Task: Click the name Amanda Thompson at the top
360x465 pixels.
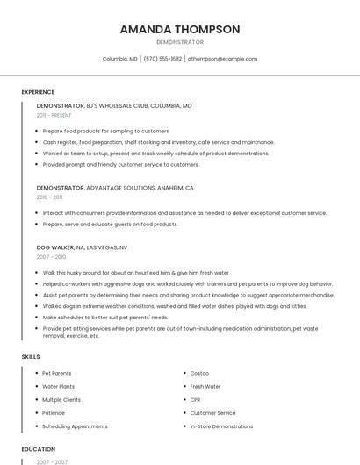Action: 179,29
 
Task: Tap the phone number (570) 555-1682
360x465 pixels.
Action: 164,59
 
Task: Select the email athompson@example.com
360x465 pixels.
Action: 222,59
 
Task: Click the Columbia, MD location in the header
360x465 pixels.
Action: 120,59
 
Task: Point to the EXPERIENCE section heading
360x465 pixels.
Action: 38,92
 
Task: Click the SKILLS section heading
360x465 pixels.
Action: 31,357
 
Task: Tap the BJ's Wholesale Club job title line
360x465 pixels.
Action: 114,105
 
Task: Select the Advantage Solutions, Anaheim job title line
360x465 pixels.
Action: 115,188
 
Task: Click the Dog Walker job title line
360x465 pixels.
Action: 82,247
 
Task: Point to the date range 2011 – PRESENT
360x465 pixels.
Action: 54,115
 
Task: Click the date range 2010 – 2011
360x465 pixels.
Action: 49,197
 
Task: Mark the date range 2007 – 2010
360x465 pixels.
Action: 51,257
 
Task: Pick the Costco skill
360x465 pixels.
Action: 199,373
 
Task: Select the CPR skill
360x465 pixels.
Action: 196,399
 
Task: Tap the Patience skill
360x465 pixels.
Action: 54,412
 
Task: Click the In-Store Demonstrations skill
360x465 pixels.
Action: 221,426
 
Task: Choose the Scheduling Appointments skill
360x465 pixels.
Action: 75,426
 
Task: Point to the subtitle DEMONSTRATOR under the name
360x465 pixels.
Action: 179,42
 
